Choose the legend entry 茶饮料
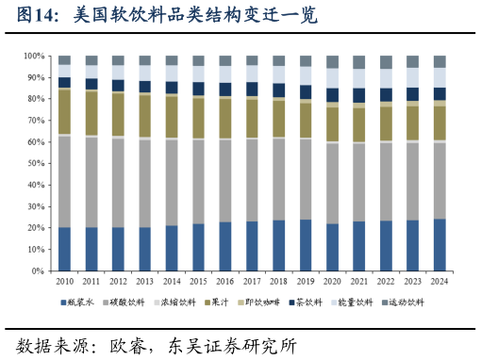click(x=316, y=303)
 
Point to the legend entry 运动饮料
click(x=406, y=303)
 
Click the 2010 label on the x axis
click(x=64, y=281)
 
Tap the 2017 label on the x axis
click(x=252, y=281)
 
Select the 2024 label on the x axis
click(x=440, y=281)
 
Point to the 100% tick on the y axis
click(x=34, y=56)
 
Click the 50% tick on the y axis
click(x=36, y=163)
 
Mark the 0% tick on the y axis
click(x=39, y=270)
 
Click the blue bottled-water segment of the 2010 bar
click(x=64, y=249)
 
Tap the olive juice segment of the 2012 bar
click(x=118, y=115)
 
